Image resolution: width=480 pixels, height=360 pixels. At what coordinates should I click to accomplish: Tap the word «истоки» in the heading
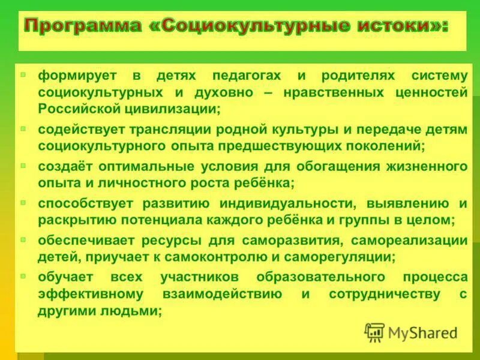[x=394, y=26]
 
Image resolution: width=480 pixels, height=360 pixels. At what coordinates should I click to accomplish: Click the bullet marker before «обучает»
[x=23, y=277]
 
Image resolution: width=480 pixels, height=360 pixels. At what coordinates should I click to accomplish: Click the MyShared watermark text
[x=422, y=332]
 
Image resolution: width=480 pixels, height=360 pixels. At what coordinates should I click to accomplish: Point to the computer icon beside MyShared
[x=375, y=332]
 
